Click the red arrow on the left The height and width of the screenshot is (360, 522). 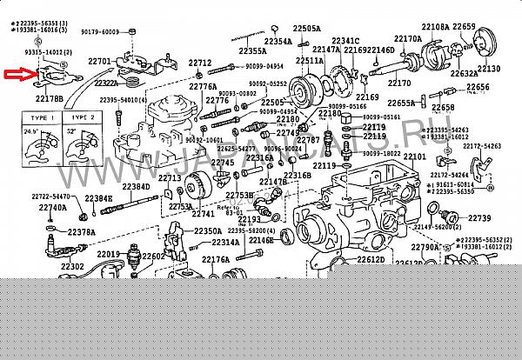18,76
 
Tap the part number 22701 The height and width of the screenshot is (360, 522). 101,61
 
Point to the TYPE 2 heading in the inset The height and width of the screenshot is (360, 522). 83,117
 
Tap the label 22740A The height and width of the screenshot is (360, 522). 51,208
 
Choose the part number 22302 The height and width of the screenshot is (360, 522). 72,266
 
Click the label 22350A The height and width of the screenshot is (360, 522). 207,230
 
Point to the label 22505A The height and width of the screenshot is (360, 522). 305,27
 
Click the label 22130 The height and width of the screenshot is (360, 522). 489,68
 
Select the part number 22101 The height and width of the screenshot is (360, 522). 414,156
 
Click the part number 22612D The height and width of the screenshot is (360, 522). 369,259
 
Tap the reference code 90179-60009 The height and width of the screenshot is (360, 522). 98,32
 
